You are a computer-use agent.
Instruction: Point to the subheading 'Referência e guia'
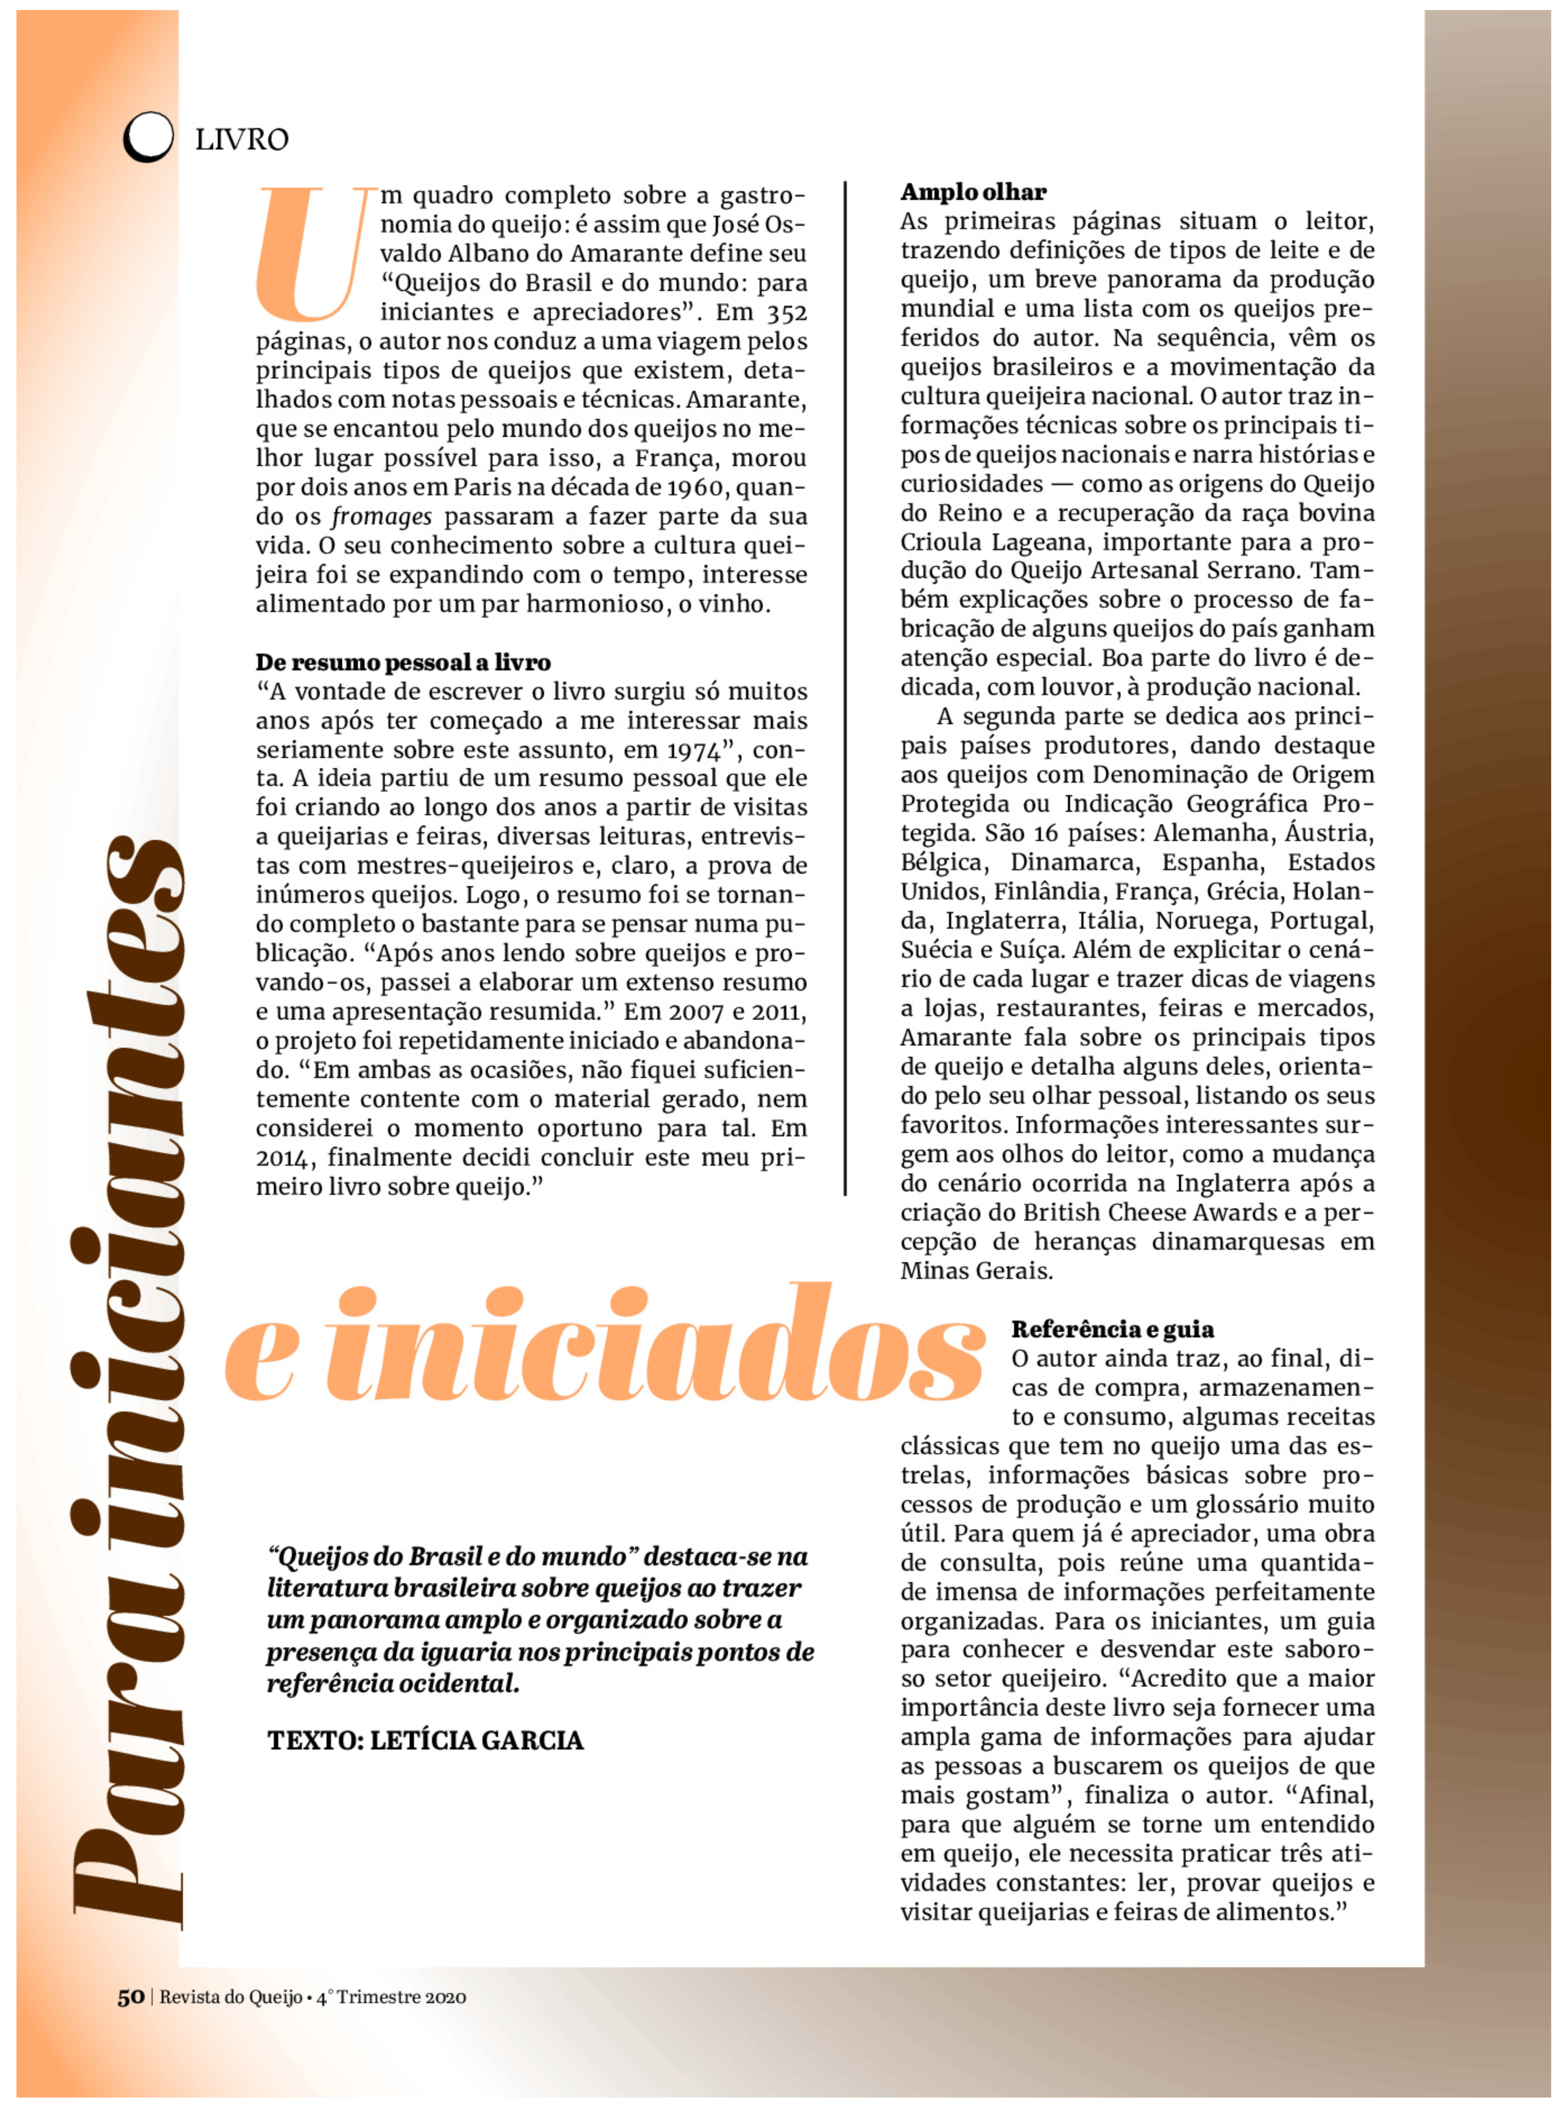point(1112,1329)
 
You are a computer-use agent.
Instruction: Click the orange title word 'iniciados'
point(655,1346)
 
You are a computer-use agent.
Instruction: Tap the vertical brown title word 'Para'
point(128,1785)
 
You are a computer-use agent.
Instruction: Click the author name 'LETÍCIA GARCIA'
point(476,1740)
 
